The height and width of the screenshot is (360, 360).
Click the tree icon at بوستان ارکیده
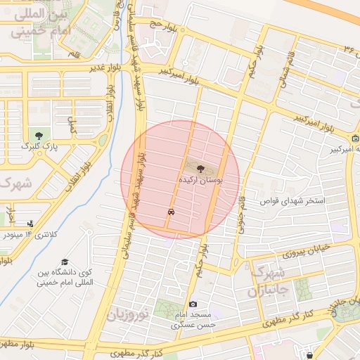[201, 169]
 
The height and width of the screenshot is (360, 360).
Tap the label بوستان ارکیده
[201, 181]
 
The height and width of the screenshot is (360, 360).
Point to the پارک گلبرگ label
[39, 148]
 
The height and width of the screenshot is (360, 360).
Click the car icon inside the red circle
[171, 211]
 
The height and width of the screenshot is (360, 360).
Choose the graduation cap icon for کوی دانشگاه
[65, 262]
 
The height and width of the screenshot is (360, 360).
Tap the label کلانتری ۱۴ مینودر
[30, 234]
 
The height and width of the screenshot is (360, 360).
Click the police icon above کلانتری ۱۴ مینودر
[30, 224]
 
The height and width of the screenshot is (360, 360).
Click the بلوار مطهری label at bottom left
[17, 345]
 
